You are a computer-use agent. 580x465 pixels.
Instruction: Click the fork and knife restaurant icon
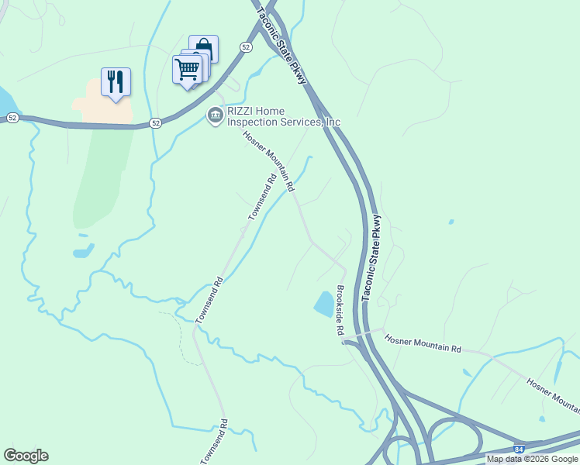[116, 81]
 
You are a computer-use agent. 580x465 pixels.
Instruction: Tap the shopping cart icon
[187, 69]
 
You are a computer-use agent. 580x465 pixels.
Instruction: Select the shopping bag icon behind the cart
[204, 48]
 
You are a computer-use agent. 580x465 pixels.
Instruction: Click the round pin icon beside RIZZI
[215, 115]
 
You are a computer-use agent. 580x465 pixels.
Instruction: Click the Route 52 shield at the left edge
[12, 117]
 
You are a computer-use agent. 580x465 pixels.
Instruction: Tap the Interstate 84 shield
[519, 448]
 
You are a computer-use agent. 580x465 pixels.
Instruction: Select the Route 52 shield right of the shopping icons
[245, 47]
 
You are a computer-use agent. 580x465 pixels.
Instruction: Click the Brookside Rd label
[340, 310]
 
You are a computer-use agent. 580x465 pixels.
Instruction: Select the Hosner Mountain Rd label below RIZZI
[269, 161]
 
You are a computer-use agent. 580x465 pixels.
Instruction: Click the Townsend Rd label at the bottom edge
[214, 443]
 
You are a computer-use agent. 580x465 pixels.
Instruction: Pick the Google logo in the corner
[26, 456]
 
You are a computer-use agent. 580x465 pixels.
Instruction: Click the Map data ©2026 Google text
[532, 459]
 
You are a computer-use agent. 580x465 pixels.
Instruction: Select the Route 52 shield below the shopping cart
[156, 123]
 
